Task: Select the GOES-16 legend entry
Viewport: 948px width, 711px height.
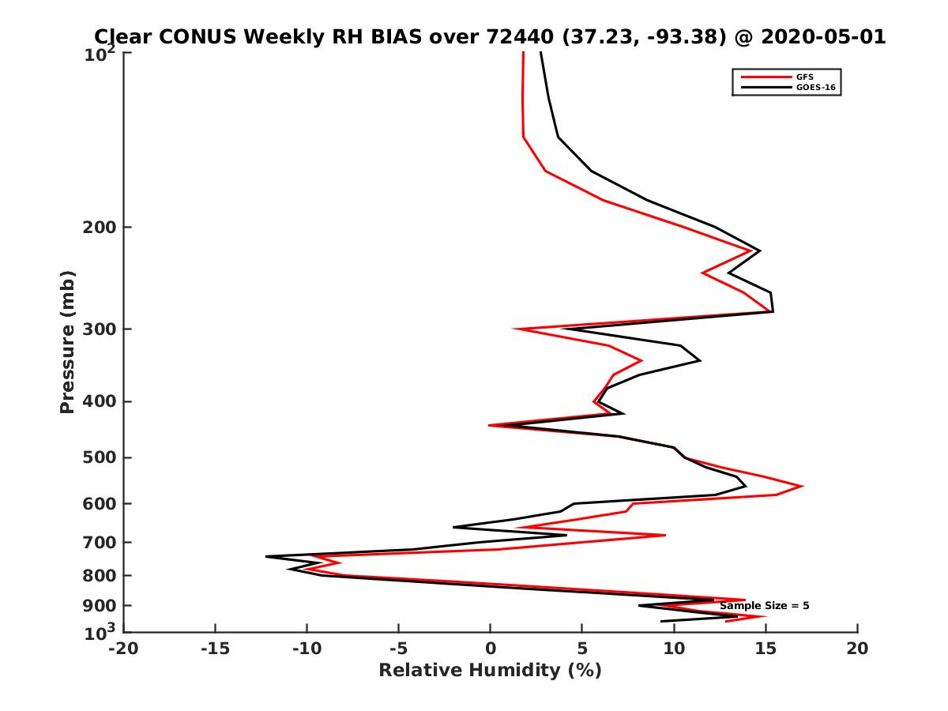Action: (814, 88)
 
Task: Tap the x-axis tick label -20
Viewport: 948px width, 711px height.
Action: (123, 649)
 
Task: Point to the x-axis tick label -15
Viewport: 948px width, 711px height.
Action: (215, 649)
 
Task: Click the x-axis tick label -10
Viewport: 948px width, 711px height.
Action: (307, 649)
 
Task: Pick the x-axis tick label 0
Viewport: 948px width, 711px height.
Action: (491, 649)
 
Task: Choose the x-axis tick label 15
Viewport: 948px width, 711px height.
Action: (766, 649)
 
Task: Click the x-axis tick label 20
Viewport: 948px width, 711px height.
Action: (857, 649)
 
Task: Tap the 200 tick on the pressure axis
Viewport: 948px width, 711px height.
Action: (100, 228)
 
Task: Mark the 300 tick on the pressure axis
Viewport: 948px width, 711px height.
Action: (100, 329)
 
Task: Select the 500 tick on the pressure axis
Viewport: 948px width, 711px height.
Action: (100, 457)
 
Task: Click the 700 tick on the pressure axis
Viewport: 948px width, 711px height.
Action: (100, 542)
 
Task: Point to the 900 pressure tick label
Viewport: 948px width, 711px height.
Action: (100, 606)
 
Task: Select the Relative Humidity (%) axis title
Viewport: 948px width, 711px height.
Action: (490, 671)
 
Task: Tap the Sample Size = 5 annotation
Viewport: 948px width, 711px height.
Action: (764, 606)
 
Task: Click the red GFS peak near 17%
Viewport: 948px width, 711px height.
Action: (803, 486)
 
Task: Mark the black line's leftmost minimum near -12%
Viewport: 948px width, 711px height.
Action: (266, 556)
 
